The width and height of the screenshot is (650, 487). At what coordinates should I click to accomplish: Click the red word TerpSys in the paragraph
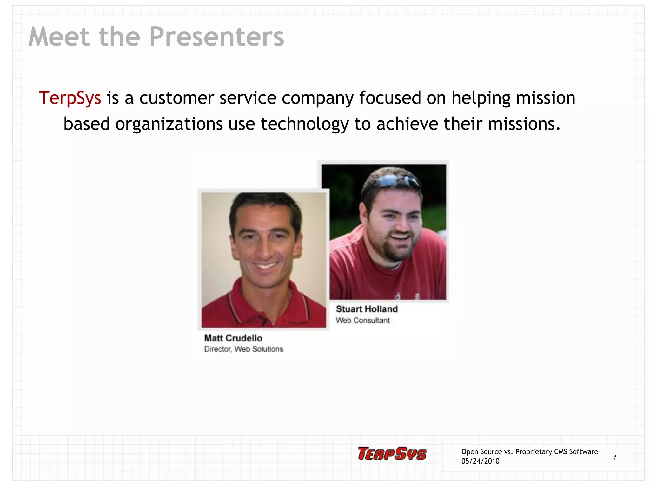click(x=70, y=98)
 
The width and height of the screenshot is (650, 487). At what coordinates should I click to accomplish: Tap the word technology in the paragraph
click(x=305, y=124)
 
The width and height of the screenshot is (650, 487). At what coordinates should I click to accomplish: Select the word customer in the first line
click(x=176, y=98)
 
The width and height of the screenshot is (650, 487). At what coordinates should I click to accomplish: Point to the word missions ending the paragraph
click(x=524, y=124)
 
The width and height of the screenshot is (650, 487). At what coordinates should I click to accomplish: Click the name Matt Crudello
click(x=233, y=338)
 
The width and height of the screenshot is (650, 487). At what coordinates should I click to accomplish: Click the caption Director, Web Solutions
click(x=243, y=349)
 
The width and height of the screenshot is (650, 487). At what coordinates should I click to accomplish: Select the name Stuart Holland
click(x=367, y=309)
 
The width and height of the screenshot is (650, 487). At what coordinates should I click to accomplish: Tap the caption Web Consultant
click(x=362, y=320)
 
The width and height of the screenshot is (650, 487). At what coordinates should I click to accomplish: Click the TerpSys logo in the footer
click(x=392, y=454)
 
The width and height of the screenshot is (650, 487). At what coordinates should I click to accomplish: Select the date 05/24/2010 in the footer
click(x=480, y=461)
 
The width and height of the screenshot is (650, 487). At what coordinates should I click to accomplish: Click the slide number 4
click(x=614, y=457)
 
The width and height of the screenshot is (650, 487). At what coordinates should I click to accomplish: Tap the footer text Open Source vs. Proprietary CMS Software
click(x=529, y=451)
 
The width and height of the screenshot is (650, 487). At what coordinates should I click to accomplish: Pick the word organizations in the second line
click(x=169, y=124)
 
